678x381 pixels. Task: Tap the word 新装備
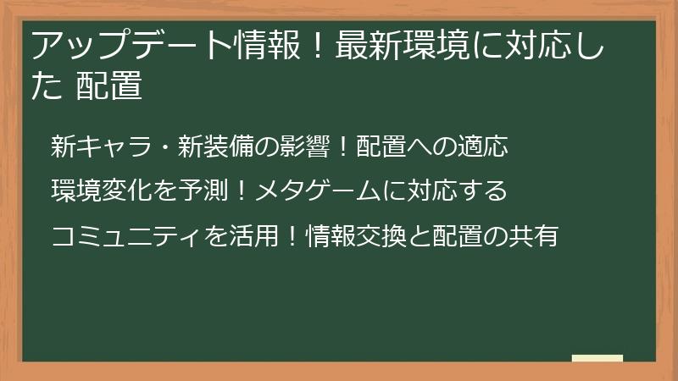pos(216,146)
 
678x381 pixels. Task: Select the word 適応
pos(481,146)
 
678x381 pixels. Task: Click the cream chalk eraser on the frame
pos(597,358)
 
